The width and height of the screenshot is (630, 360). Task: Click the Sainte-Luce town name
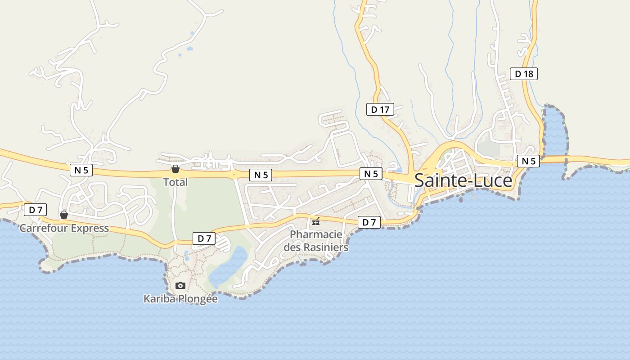point(463,180)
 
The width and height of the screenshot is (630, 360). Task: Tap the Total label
point(175,182)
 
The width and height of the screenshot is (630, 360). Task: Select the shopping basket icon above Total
point(175,169)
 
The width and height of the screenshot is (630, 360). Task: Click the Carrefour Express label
point(64,228)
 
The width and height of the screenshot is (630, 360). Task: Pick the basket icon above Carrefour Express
point(64,215)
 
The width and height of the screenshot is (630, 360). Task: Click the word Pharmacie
point(316,234)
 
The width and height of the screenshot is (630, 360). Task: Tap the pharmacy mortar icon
point(316,221)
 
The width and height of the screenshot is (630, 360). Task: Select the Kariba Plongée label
point(180,299)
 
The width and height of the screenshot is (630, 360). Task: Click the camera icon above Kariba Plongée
point(180,285)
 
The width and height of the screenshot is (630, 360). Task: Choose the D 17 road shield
point(380,109)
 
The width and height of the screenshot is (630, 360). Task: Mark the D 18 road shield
point(524,74)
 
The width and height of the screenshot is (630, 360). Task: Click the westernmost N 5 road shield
point(81,170)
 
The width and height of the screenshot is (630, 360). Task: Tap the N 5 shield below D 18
point(528,161)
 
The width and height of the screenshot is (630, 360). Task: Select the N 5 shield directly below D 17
point(371,174)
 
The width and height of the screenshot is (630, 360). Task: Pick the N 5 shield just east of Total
point(261,175)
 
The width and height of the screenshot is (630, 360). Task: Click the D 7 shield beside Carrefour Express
point(35,209)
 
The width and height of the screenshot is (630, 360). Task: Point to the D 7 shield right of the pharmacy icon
point(369,222)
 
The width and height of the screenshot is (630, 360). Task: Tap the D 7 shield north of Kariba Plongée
point(204,238)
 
